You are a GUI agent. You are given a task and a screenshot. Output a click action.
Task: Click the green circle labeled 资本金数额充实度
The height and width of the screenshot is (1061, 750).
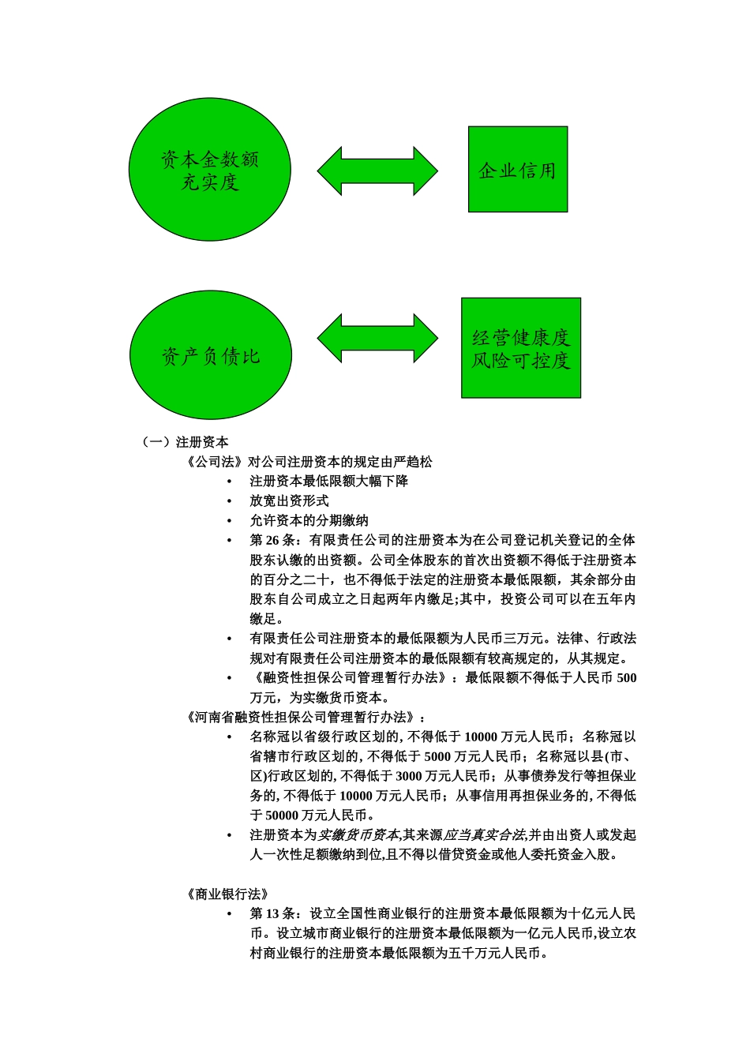tap(209, 170)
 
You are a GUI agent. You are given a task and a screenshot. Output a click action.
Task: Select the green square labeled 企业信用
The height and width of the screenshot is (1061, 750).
tap(517, 170)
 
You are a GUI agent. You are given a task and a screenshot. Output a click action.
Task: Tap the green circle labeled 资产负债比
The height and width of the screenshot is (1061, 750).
tap(210, 355)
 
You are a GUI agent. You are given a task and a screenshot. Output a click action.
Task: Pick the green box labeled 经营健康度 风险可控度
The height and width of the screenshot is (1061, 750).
tap(521, 348)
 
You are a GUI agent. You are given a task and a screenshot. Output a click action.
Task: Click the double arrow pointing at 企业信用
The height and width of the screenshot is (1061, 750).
tap(377, 171)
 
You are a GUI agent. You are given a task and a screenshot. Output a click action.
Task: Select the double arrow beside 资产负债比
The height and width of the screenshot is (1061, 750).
tap(377, 338)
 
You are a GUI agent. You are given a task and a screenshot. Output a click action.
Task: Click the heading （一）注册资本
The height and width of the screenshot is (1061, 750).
tap(186, 442)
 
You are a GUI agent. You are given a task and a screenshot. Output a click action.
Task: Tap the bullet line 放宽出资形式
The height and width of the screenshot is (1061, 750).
tap(289, 501)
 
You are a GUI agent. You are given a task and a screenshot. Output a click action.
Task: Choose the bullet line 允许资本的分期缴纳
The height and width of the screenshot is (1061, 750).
tap(309, 520)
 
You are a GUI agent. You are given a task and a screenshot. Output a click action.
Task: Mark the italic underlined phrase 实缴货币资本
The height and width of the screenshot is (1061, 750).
tap(358, 835)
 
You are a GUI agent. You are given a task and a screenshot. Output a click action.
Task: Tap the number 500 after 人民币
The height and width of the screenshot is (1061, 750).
tap(627, 678)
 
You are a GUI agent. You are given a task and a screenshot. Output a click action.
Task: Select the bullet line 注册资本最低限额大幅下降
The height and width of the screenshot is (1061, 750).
tap(328, 481)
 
